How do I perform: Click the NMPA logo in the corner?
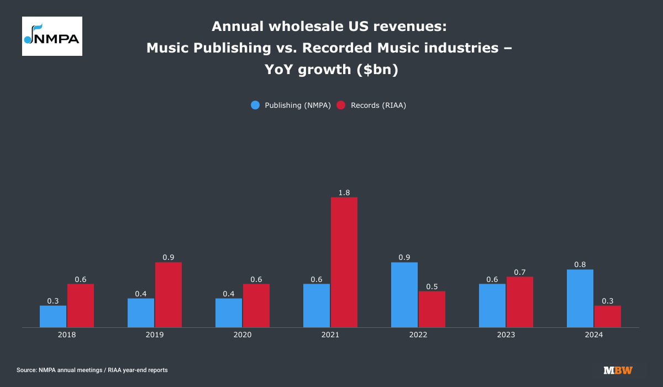coord(52,36)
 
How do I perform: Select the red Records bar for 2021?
coord(344,263)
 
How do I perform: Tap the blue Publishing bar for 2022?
coord(404,295)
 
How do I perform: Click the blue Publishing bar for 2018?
coord(53,316)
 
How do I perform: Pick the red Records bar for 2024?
coord(608,316)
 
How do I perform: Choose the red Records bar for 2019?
coord(169,295)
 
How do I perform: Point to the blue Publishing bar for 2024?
coord(580,299)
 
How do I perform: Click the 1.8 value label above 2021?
coord(344,192)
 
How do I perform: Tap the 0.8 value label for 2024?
coord(580,265)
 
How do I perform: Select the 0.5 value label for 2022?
coord(432,286)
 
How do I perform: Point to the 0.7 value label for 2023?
coord(520,272)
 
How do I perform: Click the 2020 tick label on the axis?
coord(243,335)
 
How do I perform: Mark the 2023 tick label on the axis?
coord(506,335)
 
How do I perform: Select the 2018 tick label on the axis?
coord(67,335)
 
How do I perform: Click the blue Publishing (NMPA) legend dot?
coord(255,105)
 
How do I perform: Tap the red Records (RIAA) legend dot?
coord(341,105)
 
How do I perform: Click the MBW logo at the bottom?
coord(618,370)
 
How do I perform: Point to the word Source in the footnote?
coord(27,370)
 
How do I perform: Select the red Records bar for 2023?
coord(520,302)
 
